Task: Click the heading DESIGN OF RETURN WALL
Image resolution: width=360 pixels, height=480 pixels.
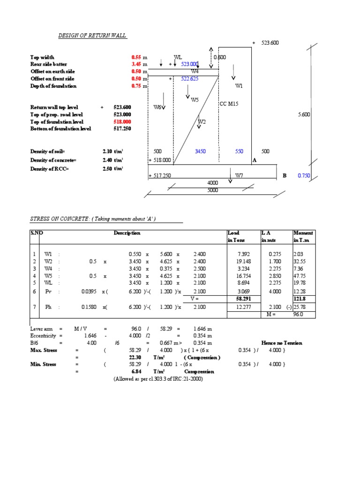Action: [92, 36]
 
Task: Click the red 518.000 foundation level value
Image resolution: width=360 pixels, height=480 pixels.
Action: [122, 121]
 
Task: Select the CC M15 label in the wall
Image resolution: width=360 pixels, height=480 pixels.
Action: [229, 104]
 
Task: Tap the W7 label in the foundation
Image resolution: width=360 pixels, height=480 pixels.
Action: [239, 175]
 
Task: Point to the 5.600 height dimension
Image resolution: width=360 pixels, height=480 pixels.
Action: [304, 114]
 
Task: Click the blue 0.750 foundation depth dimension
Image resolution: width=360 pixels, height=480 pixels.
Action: [304, 176]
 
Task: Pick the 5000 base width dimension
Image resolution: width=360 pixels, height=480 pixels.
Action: [213, 190]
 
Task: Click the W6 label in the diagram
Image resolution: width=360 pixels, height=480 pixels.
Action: [158, 107]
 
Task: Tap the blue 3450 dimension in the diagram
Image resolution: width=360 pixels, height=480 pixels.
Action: [201, 151]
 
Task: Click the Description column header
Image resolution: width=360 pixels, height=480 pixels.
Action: [127, 233]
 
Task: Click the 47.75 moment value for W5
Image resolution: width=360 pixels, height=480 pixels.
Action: [300, 276]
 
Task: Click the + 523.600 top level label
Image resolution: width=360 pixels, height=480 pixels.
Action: [265, 43]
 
